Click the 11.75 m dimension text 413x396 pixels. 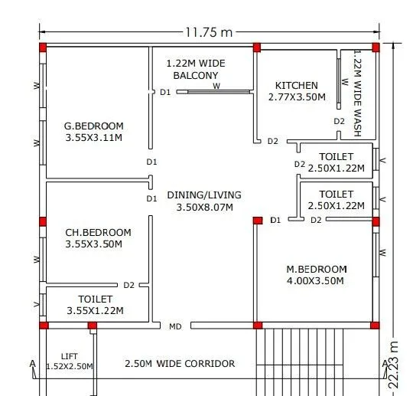[208, 31]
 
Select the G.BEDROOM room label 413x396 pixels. [94, 126]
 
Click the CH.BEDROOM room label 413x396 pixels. [97, 232]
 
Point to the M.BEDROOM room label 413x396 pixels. [317, 269]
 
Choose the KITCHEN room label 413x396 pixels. [297, 85]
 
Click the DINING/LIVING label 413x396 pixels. [204, 195]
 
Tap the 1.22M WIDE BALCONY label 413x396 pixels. [196, 70]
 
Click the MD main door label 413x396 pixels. [175, 326]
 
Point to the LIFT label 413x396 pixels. [70, 356]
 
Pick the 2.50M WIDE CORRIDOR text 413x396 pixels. [180, 363]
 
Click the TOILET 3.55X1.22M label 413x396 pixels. [96, 299]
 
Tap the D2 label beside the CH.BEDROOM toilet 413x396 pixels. [128, 285]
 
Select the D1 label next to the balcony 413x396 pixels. [165, 92]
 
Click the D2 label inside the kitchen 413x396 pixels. [339, 121]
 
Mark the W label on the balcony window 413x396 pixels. [216, 87]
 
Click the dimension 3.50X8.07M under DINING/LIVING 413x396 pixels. [204, 207]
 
